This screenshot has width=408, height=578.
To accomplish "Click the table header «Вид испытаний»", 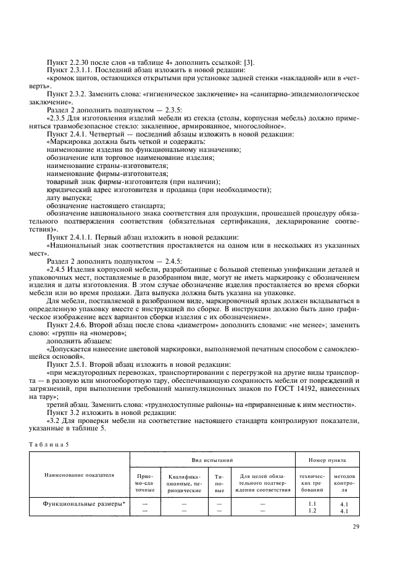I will tap(211, 460).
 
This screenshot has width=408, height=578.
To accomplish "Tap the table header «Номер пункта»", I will tap(327, 460).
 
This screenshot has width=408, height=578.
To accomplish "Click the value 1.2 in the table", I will tap(312, 511).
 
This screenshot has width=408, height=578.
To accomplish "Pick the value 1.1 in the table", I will tap(312, 503).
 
